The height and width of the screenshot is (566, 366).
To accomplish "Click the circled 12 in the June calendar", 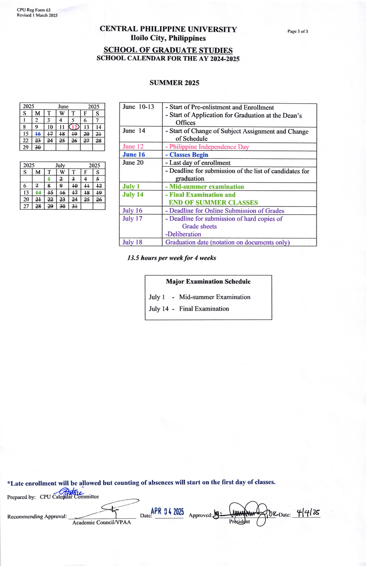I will (x=74, y=127).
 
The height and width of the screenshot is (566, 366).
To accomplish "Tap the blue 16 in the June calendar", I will (x=38, y=134).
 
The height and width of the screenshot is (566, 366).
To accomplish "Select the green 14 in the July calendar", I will (x=38, y=193).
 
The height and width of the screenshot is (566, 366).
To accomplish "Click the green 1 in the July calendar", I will (x=49, y=179).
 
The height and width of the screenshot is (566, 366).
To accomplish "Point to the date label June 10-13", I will (x=138, y=107).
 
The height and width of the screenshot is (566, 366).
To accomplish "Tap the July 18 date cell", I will (x=132, y=242).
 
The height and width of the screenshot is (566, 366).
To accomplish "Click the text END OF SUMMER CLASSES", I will (x=213, y=202).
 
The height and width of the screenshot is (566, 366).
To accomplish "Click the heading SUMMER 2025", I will (x=174, y=83).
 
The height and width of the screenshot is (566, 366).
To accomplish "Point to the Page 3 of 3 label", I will (x=298, y=31).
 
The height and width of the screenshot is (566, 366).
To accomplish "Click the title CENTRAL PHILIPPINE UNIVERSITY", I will (x=168, y=29).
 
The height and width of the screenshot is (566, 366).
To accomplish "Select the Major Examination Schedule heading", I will (x=208, y=282).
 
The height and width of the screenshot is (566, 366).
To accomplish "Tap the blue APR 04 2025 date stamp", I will (x=167, y=511).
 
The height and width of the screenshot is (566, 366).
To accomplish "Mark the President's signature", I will (x=245, y=513).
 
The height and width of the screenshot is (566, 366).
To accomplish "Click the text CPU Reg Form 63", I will (x=34, y=10).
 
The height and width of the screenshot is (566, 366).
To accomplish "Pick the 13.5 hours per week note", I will (x=172, y=258).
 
